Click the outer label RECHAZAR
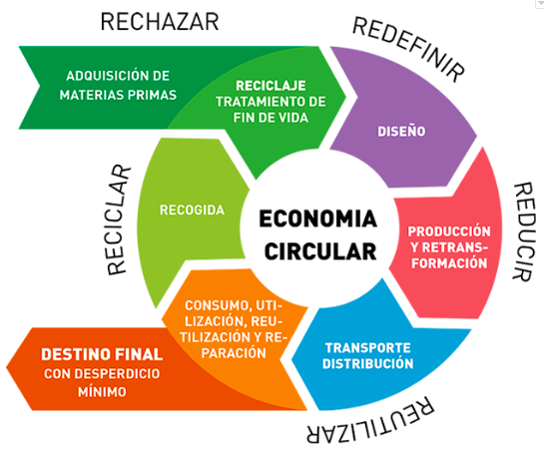point(160,22)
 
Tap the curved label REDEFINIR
point(408,49)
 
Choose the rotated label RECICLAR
point(119,220)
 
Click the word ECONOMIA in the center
point(317,219)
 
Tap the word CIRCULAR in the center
point(320,251)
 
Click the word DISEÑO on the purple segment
point(401,131)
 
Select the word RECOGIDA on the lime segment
point(192,210)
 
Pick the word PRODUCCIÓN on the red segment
point(449,231)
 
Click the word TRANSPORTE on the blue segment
point(367,347)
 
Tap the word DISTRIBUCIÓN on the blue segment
point(367,363)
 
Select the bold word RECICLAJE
point(271,86)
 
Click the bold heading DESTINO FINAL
point(102,354)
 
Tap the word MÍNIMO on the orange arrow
point(102,392)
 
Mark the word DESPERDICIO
point(117,373)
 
